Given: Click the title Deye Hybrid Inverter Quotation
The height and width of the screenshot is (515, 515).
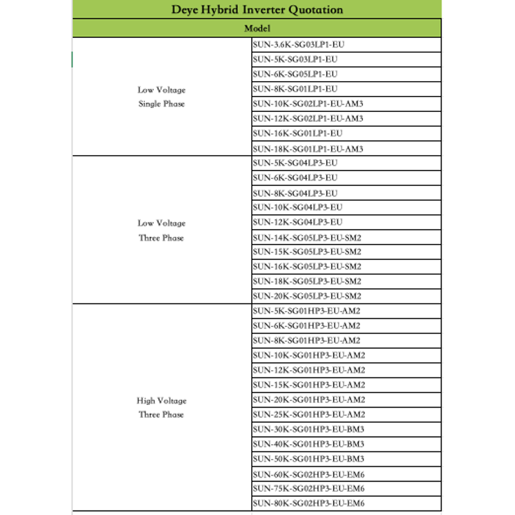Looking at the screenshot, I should click(257, 10).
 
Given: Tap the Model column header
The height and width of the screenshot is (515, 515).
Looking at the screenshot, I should click(257, 28).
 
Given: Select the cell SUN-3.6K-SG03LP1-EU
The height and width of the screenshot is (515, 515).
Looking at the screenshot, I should click(295, 44).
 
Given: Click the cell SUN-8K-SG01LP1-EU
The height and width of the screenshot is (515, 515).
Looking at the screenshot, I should click(295, 89).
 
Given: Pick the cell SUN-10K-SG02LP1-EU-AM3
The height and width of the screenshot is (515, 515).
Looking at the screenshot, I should click(308, 104).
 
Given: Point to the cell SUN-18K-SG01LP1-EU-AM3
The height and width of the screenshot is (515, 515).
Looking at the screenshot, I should click(308, 149).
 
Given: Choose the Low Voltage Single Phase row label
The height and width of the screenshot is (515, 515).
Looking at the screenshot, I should click(162, 97).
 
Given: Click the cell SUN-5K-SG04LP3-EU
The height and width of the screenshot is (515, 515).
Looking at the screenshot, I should click(295, 163).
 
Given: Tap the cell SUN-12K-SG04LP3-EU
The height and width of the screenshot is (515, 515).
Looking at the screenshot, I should click(297, 222).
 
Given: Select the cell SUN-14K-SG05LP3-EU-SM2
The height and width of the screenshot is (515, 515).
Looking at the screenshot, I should click(307, 237).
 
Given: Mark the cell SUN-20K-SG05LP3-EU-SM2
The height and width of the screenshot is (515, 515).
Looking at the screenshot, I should click(307, 296).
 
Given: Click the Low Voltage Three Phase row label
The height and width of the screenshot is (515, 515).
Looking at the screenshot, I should click(162, 230).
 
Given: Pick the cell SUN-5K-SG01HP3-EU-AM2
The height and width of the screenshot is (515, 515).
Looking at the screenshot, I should click(306, 311).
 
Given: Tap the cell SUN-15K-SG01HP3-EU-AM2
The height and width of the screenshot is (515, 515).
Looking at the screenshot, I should click(309, 385).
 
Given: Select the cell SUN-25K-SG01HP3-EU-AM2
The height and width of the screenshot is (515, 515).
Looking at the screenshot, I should click(309, 415).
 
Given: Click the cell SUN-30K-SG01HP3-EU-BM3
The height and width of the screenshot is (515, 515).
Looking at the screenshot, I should click(309, 429).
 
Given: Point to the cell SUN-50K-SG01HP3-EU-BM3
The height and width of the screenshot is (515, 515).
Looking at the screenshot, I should click(309, 459).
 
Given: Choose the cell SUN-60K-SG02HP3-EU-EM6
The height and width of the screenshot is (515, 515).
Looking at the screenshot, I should click(309, 474).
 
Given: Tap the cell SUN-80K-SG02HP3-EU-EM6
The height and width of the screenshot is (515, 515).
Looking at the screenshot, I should click(309, 503).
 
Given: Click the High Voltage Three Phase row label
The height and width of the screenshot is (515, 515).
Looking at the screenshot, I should click(162, 407).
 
